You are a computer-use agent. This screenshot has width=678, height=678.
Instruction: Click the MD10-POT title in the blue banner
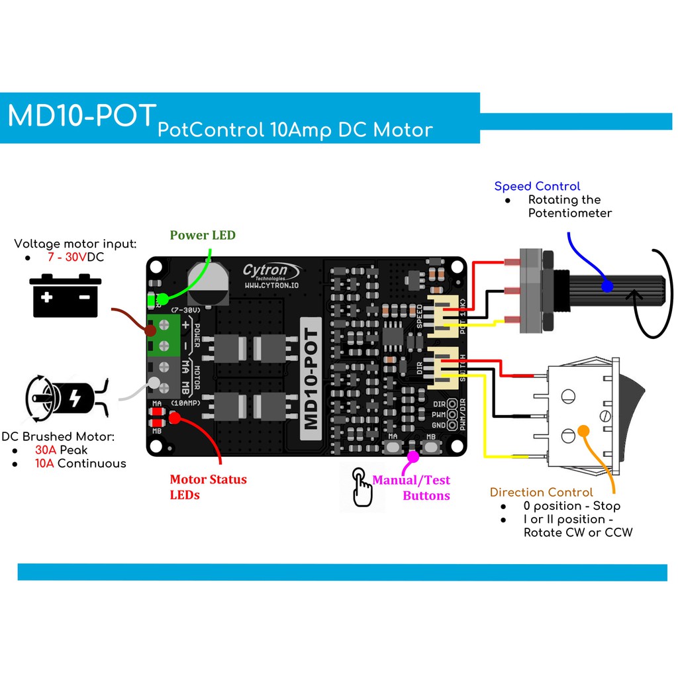82,117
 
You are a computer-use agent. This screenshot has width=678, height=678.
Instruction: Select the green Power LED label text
203,235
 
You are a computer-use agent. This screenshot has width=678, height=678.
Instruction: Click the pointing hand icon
362,488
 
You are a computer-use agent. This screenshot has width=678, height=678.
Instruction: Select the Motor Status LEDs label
208,487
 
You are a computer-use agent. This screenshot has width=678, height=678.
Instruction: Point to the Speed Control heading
537,186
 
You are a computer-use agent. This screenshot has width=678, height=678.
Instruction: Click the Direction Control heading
541,492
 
